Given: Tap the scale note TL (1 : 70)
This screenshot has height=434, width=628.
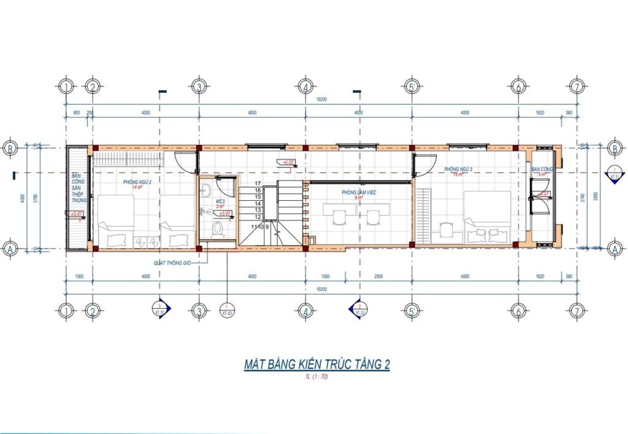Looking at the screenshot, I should (x=316, y=377).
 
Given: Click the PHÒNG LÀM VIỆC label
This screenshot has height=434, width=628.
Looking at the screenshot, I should (x=359, y=192).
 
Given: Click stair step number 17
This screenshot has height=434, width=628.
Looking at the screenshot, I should (x=258, y=184).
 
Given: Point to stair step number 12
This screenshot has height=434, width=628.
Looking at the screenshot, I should (x=258, y=217).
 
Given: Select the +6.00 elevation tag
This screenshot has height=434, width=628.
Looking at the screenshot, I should (x=288, y=163).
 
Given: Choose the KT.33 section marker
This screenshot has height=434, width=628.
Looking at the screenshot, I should (x=358, y=309).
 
